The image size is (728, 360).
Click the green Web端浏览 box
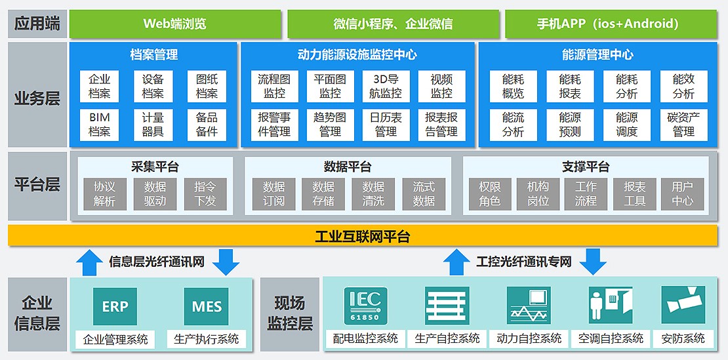(x=174, y=24)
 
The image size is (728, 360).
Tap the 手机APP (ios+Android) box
(x=607, y=24)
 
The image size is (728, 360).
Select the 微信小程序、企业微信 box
(x=392, y=24)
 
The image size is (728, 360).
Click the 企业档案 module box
(x=99, y=86)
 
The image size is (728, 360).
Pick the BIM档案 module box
(x=99, y=124)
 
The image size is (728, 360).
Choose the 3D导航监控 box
(x=385, y=86)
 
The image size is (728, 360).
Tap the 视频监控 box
(x=441, y=86)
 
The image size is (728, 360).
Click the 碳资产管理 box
(x=683, y=124)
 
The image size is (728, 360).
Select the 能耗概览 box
(x=513, y=86)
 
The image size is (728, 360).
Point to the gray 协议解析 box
(x=104, y=194)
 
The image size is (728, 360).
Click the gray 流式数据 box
(x=424, y=194)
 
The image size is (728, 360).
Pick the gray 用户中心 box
(x=682, y=194)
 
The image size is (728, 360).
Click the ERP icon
(x=115, y=306)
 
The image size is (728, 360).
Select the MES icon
(x=207, y=306)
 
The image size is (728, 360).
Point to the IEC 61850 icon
(x=365, y=306)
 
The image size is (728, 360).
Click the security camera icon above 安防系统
(x=683, y=306)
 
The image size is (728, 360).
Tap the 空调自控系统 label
(x=610, y=338)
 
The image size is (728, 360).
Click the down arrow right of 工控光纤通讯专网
(x=594, y=261)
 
